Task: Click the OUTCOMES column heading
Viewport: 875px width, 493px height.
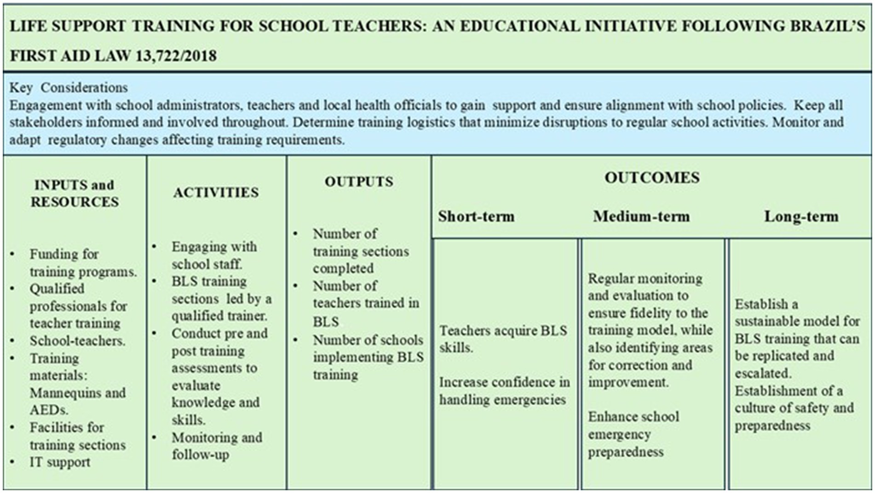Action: click(652, 178)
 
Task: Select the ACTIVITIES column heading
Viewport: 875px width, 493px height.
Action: click(216, 192)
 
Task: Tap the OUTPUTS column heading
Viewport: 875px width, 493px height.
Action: click(359, 181)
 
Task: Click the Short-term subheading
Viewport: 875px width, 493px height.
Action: click(476, 216)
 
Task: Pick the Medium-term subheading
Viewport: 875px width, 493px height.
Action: click(641, 216)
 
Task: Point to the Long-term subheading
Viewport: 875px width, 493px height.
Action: click(801, 216)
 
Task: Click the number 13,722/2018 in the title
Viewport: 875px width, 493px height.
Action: click(176, 56)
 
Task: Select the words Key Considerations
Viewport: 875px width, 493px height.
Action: click(69, 88)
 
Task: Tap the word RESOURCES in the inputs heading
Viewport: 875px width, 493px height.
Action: click(75, 202)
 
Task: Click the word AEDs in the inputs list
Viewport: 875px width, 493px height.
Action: click(48, 410)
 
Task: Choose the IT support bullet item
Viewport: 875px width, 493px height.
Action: click(60, 462)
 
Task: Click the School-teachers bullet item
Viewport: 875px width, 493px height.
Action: click(77, 341)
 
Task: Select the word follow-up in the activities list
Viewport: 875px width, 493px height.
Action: click(200, 455)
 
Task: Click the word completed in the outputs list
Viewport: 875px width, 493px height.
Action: click(343, 268)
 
